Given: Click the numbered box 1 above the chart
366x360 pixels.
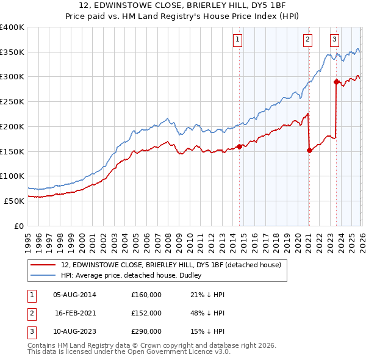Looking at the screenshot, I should click(237, 40).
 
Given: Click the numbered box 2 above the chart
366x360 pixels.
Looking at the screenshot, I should click(308, 40).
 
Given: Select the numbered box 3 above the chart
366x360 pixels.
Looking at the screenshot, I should click(335, 40).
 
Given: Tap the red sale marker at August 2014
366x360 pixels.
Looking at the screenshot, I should click(239, 146).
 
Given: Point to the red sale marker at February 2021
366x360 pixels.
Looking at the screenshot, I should click(309, 150).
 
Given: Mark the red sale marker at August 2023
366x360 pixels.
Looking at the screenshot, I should click(336, 81).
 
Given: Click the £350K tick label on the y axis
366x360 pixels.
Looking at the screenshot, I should click(12, 52).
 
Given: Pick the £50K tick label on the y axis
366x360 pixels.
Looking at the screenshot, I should click(14, 201).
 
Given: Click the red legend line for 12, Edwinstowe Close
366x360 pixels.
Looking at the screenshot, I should click(43, 265).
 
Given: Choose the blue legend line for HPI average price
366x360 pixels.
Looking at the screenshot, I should click(43, 275).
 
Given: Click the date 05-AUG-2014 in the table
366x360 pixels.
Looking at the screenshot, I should click(74, 295).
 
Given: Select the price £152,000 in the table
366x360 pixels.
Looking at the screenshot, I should click(146, 313).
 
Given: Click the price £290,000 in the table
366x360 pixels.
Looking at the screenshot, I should click(146, 331).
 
